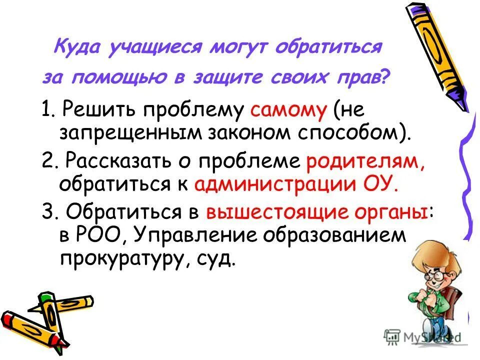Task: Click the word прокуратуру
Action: [122, 259]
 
